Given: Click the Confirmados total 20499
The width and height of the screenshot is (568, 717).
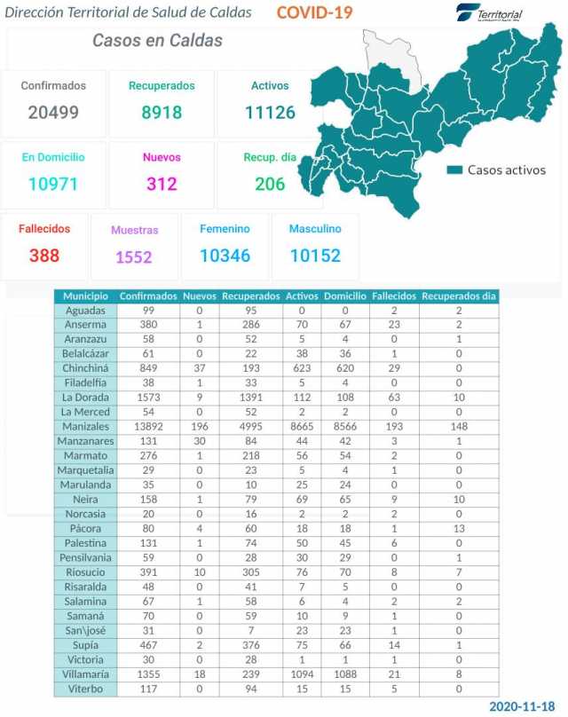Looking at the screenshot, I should [53, 113].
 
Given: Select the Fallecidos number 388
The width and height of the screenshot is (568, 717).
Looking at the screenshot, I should [44, 256].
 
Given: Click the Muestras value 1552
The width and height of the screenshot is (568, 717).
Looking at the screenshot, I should [134, 257].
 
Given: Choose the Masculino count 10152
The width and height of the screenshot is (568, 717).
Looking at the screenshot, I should [314, 256].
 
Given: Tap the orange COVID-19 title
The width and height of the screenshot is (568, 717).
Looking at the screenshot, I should [314, 12].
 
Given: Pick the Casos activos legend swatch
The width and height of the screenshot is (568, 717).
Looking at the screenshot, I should [455, 169].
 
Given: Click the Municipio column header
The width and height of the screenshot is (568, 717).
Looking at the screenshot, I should [86, 296].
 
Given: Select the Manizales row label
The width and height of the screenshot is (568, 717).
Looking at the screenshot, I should [86, 427].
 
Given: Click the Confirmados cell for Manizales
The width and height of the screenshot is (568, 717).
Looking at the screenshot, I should [148, 427].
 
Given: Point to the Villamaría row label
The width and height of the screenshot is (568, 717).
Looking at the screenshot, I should [86, 674].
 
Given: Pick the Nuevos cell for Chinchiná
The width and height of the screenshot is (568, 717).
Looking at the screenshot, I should [199, 368].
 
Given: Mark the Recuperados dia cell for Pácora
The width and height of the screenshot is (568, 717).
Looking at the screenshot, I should [459, 529].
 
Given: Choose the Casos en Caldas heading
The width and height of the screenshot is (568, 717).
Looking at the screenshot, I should [157, 41].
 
